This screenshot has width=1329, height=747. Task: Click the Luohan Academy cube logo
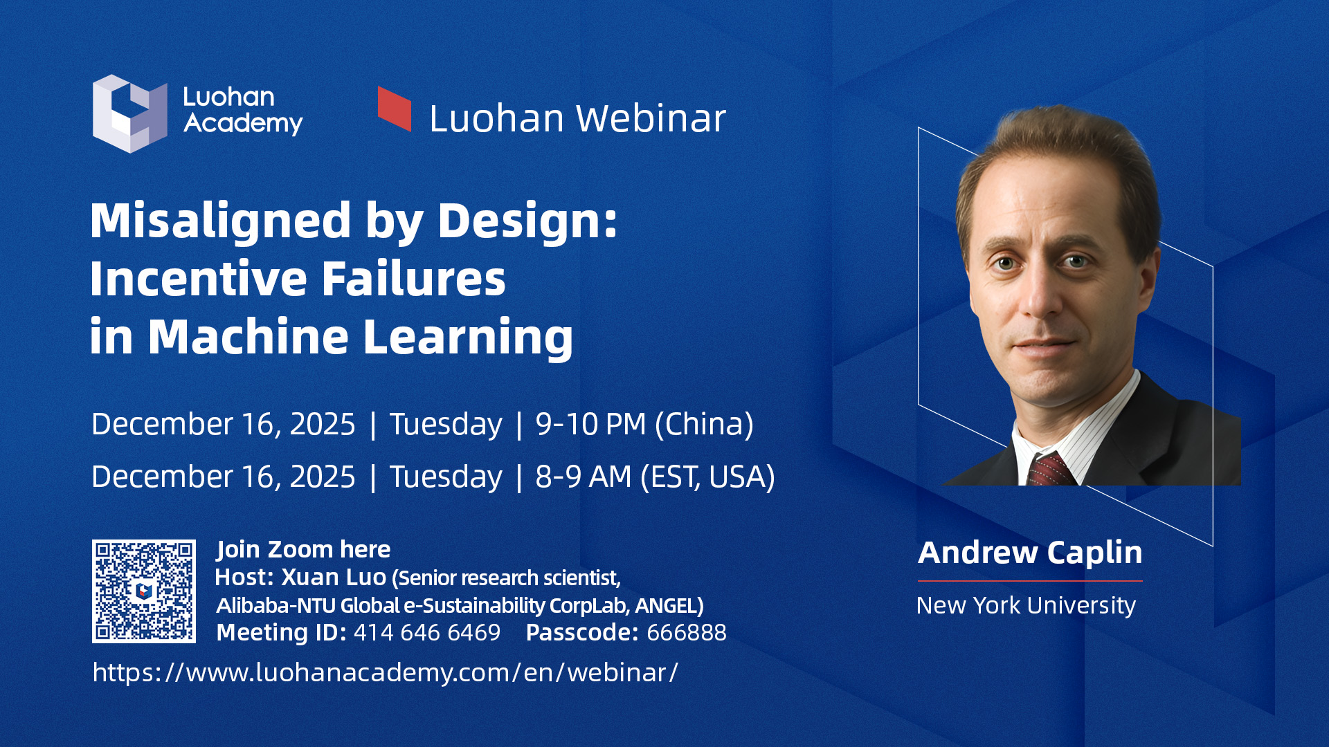(130, 113)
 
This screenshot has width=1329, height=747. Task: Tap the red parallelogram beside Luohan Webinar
(395, 109)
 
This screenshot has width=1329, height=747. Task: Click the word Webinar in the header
(651, 118)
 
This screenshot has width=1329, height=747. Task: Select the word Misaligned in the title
(221, 221)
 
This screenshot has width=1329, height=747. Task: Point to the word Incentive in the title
(199, 279)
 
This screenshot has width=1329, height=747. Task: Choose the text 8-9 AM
(584, 477)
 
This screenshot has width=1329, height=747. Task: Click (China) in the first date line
(704, 425)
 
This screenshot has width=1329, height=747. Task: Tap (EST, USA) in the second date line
(707, 477)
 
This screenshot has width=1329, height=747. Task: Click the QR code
(144, 591)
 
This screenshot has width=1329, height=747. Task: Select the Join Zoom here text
(303, 549)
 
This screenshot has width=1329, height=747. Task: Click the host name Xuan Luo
(334, 578)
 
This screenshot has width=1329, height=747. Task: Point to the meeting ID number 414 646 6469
(427, 633)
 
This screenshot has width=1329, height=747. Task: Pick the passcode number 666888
(687, 633)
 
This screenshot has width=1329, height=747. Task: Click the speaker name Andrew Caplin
(1030, 553)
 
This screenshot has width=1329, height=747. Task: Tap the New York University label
(1026, 606)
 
